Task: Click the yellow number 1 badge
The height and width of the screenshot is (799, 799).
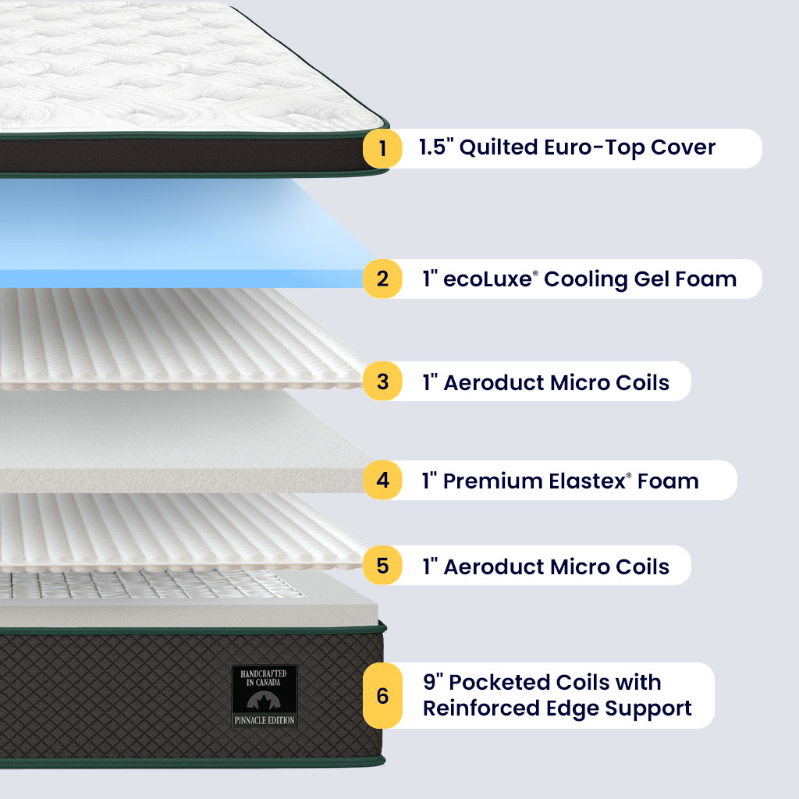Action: click(382, 148)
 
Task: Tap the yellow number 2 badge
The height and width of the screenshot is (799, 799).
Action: click(382, 279)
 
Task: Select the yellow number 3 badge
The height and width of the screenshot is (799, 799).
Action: click(382, 382)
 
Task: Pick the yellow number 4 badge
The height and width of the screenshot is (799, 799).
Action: click(382, 480)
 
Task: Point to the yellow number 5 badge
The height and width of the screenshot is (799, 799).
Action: click(382, 566)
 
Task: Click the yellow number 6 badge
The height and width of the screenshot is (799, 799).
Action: click(382, 695)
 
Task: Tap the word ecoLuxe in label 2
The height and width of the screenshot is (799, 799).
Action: click(488, 279)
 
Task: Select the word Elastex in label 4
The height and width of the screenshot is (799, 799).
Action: click(591, 481)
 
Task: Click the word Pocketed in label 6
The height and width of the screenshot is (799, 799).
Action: click(502, 682)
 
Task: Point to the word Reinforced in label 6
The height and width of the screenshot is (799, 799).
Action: click(478, 708)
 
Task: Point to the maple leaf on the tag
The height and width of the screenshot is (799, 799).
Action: click(265, 700)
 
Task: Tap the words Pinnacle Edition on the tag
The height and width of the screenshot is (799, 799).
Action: click(265, 720)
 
